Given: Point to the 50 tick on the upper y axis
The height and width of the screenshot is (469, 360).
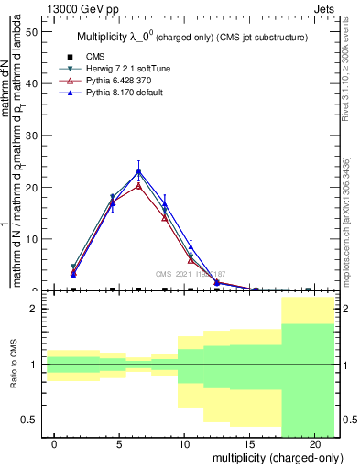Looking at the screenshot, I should [x=33, y=32].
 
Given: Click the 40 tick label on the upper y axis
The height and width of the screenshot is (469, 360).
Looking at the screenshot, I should [x=33, y=83].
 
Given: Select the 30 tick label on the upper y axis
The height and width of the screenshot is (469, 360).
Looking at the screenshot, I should [x=33, y=136].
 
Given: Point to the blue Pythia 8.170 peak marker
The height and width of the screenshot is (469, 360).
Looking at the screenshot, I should [x=138, y=171].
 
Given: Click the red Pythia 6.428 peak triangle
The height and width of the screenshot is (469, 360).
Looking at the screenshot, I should [x=138, y=186].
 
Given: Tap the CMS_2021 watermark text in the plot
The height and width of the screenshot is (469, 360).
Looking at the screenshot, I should [x=191, y=273].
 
